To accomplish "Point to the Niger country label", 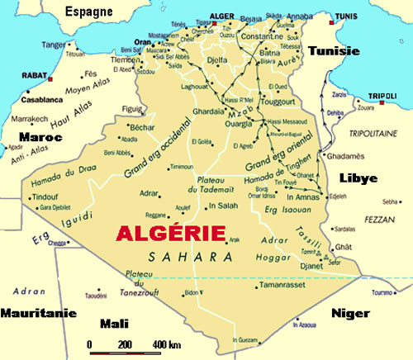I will pos(349,313).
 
